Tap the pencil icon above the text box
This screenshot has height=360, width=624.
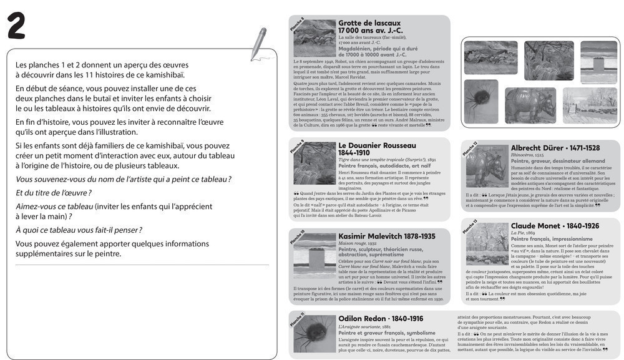(258, 44)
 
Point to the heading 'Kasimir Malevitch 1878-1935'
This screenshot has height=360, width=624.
(386, 236)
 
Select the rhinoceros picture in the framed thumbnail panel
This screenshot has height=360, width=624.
(530, 105)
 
